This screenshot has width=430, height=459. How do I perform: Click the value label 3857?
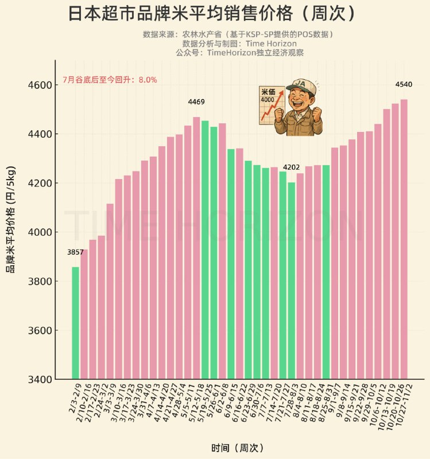tap(75, 252)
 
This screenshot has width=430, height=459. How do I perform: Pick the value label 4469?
tap(196, 102)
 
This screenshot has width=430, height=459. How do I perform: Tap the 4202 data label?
tap(292, 168)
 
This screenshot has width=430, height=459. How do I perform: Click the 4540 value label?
tap(404, 84)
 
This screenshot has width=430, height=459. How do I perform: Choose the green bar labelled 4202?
tap(292, 281)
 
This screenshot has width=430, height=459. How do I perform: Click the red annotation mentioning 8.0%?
tap(110, 80)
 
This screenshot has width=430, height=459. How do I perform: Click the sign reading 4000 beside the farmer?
tap(269, 100)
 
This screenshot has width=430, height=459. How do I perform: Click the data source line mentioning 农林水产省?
tap(238, 34)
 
